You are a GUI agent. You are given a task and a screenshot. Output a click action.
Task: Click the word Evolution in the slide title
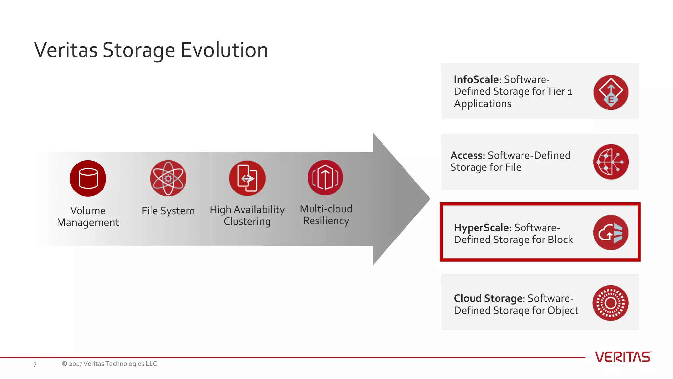224,50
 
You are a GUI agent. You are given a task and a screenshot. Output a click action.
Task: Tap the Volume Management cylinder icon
88,178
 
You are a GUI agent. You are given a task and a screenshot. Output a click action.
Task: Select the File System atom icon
168,178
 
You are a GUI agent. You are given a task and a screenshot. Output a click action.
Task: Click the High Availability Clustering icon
247,178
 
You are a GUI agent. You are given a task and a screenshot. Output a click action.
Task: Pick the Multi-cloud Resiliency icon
325,178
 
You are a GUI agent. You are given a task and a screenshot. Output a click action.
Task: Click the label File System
168,211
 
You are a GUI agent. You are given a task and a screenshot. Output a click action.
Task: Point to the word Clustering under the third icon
247,221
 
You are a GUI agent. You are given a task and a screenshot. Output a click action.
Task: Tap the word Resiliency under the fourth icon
326,221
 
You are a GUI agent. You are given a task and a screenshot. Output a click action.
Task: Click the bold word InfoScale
476,79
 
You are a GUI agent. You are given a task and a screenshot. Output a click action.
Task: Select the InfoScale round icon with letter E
611,92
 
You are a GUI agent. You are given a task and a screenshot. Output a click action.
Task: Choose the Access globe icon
611,162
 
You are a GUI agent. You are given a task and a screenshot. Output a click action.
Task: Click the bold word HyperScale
481,228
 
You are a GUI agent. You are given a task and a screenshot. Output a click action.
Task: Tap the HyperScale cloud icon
611,233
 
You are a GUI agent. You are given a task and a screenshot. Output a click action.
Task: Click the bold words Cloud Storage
488,298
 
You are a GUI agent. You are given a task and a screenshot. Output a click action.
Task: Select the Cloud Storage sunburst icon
611,303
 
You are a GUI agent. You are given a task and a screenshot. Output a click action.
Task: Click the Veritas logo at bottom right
623,357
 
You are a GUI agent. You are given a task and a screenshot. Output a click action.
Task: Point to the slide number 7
35,365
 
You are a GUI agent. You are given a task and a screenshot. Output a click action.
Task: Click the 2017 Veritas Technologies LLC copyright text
109,364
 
